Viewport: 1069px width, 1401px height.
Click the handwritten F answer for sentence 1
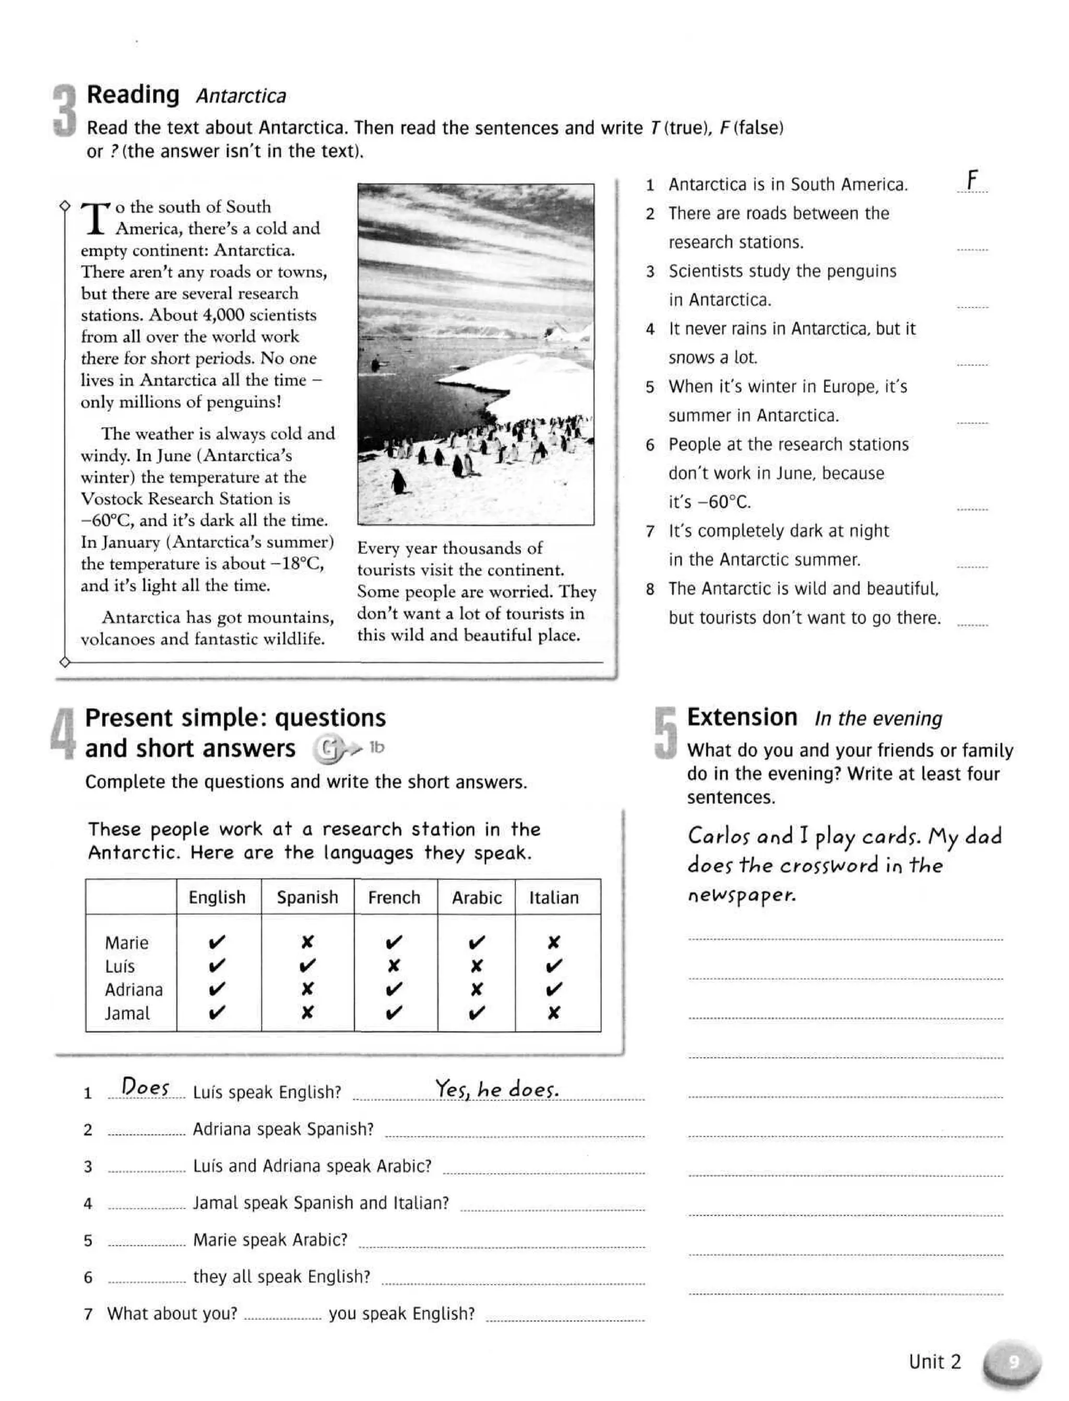(x=971, y=181)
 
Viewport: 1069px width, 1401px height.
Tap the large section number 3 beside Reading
(x=64, y=110)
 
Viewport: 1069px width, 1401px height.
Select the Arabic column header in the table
(x=476, y=898)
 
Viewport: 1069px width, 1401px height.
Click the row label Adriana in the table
(x=134, y=990)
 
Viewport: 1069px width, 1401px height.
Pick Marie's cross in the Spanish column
(x=307, y=942)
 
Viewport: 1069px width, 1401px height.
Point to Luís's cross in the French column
(x=394, y=966)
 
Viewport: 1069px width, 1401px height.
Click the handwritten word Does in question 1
(x=146, y=1087)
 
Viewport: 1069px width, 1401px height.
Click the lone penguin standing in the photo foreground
(x=398, y=481)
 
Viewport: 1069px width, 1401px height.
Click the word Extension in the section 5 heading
(x=741, y=717)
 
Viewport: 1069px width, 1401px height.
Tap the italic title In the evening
(x=878, y=719)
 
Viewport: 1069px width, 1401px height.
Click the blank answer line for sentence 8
(x=971, y=622)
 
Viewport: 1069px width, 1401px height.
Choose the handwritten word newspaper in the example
(x=741, y=896)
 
